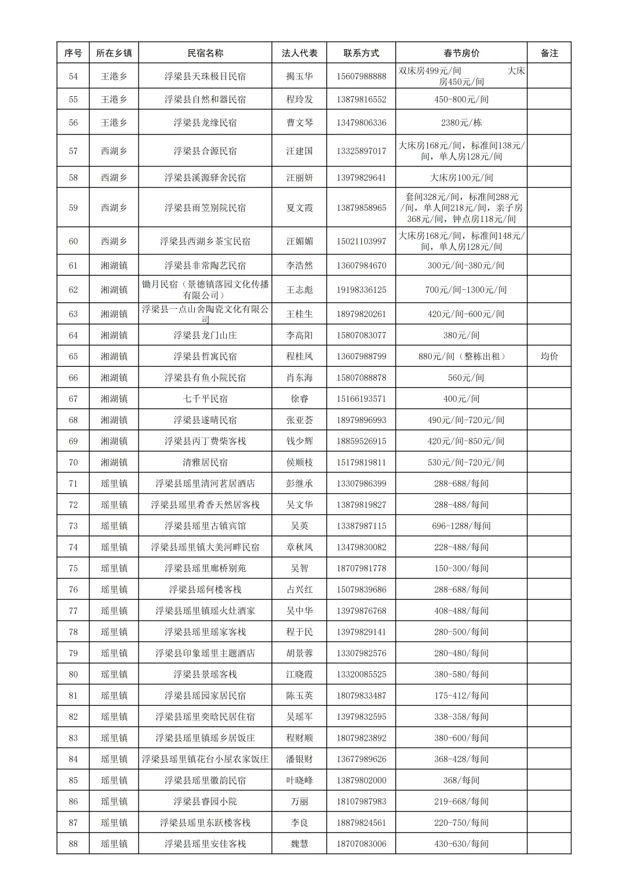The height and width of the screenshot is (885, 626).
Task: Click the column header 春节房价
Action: coord(461,53)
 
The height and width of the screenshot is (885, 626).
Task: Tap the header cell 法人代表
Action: coord(299,53)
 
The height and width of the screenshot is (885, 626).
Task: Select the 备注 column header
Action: coord(549,53)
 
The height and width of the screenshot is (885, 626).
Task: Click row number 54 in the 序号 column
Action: coord(73,76)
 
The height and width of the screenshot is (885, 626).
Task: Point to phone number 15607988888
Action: coord(361,76)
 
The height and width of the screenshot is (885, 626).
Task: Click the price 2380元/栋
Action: coord(461,122)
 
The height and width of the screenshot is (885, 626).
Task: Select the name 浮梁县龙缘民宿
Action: coord(205,122)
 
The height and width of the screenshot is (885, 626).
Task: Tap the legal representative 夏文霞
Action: coord(299,207)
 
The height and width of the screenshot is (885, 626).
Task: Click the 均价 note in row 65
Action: coord(549,356)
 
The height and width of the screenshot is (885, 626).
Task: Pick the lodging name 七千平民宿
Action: coord(205,399)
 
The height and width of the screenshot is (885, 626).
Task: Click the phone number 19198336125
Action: coord(361,289)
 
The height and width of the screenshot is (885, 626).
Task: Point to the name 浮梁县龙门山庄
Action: coord(205,335)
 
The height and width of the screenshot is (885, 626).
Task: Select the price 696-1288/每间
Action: coord(461,526)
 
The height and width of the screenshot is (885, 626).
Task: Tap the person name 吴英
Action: coord(299,526)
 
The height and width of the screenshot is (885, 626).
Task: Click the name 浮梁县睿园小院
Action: coord(205,801)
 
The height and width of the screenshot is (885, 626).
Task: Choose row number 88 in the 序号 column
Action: coord(73,843)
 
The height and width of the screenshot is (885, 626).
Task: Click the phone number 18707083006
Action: coord(361,843)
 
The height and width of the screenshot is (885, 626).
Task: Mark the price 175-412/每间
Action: coord(461,695)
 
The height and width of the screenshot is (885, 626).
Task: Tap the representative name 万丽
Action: coord(299,801)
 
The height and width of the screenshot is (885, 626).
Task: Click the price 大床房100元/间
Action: coord(461,177)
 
